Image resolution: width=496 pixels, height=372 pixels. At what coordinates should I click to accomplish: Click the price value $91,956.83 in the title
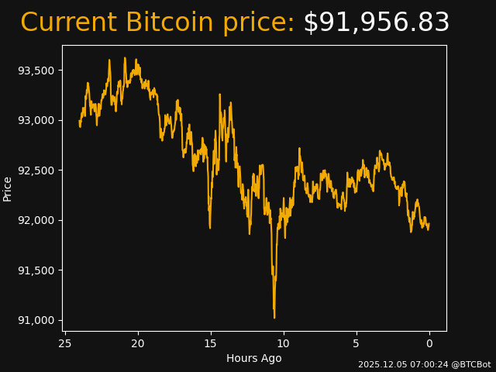pos(376,23)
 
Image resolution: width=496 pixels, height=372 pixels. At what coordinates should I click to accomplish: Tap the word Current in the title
pos(68,23)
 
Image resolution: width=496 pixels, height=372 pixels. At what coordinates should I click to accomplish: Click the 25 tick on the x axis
pos(65,343)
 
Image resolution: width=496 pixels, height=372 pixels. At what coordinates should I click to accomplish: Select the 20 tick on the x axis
pos(138,343)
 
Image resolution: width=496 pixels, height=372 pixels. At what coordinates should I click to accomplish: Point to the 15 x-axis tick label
pos(211,343)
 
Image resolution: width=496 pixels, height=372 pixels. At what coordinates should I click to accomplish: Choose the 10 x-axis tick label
pos(284,343)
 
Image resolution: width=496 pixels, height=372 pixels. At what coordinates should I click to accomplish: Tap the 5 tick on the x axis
pos(356,343)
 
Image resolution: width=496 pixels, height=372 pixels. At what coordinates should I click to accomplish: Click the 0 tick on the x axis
pos(429,343)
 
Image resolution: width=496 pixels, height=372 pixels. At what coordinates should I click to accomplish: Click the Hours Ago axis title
pos(254,358)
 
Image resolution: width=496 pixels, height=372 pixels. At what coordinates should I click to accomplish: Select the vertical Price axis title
pos(8,188)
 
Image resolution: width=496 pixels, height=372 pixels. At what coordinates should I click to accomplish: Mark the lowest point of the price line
pos(274,317)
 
